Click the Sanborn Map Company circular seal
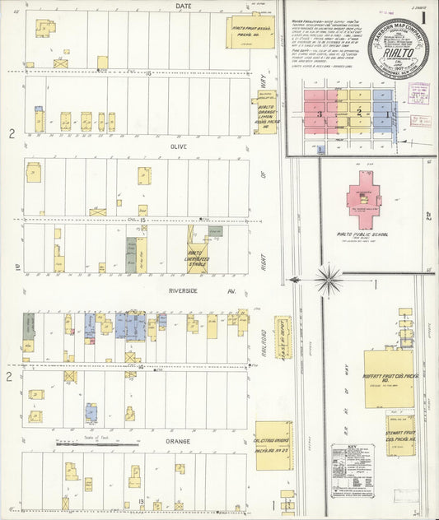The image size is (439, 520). [x=399, y=49]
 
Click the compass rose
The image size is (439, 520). [x=329, y=281]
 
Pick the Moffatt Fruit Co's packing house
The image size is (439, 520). [x=388, y=378]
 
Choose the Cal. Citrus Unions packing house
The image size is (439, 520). [x=271, y=446]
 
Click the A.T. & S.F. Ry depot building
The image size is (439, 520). [x=283, y=337]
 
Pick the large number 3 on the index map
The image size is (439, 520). [x=320, y=114]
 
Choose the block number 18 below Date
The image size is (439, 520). [x=147, y=73]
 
